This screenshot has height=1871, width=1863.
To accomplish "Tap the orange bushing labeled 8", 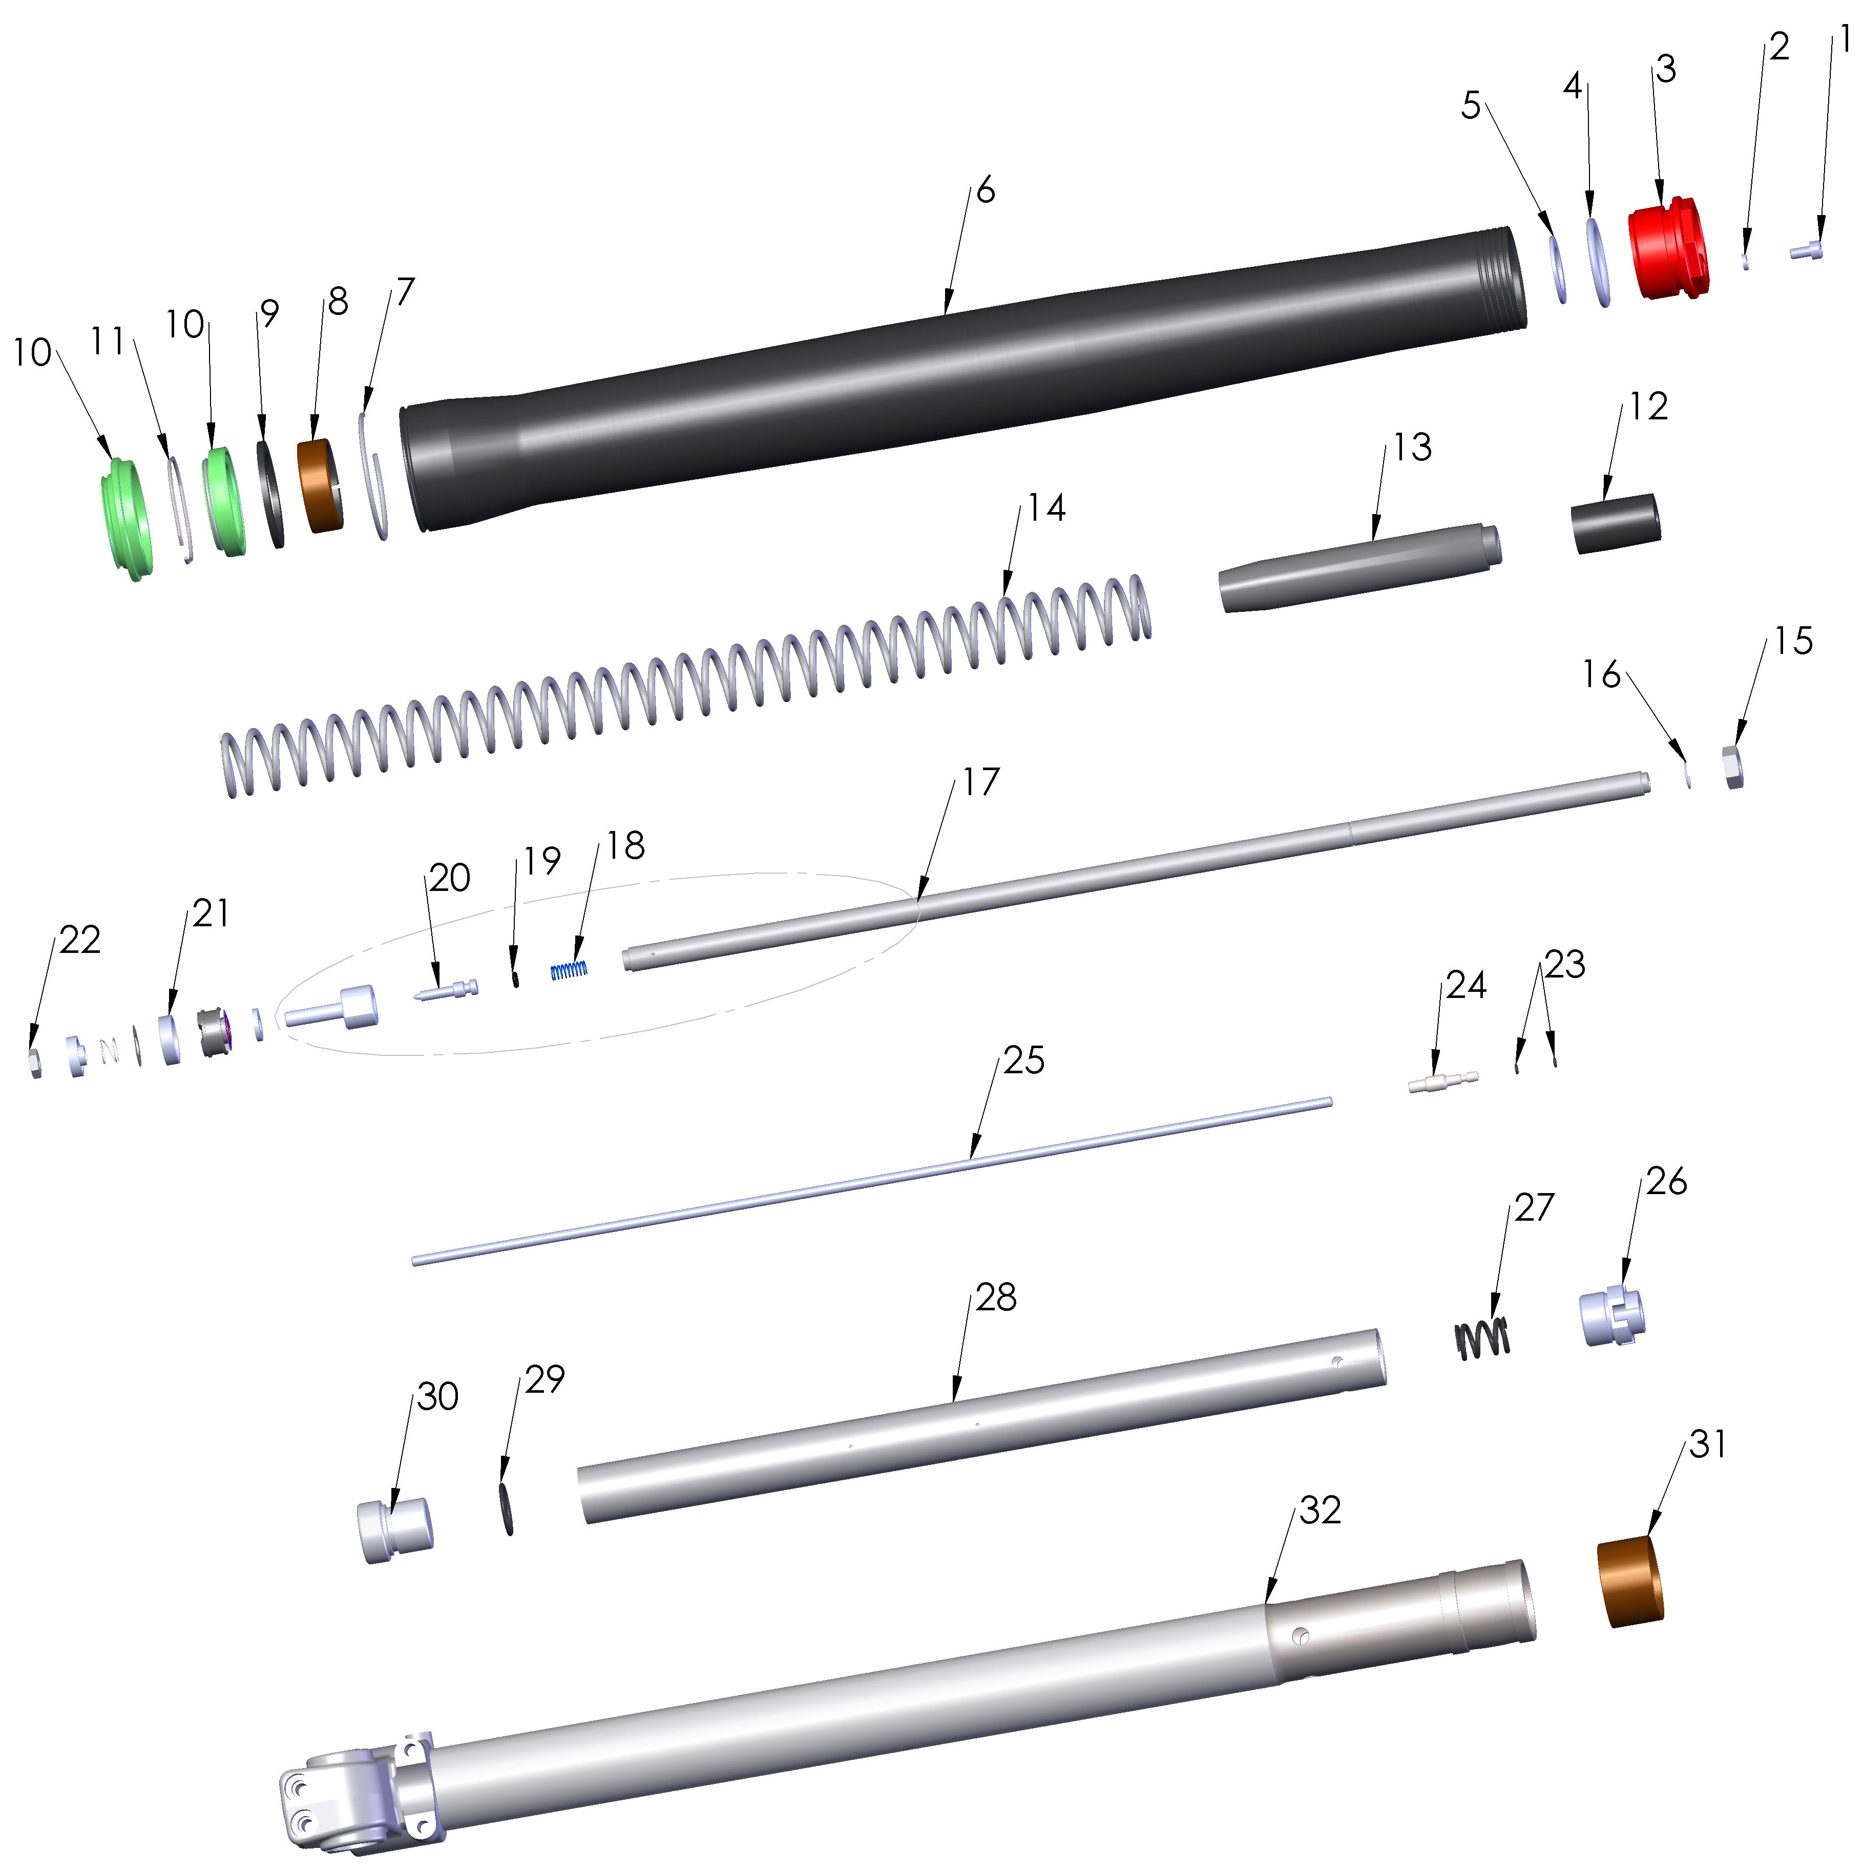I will [x=320, y=486].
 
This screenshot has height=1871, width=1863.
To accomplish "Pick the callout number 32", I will [x=1320, y=1510].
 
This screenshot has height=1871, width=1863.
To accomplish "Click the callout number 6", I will [x=985, y=191].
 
